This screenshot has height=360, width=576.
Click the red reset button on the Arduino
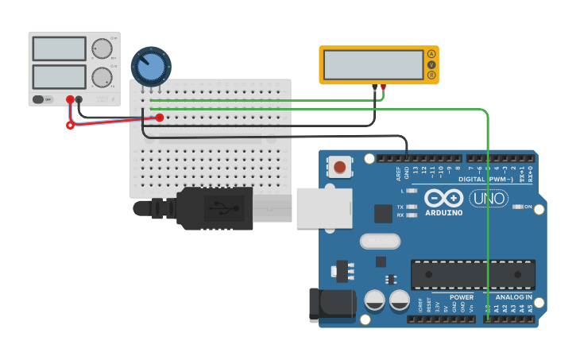[x=340, y=167]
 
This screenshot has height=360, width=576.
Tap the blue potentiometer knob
[x=151, y=67]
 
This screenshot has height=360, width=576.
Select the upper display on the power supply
[x=59, y=48]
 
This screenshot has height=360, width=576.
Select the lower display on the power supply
[x=59, y=77]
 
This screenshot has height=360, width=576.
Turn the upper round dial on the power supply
[x=101, y=49]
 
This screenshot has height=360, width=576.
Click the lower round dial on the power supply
[x=101, y=77]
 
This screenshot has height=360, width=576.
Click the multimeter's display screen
[x=373, y=64]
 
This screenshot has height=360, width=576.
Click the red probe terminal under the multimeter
[x=384, y=87]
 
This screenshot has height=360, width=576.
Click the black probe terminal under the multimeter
[x=374, y=87]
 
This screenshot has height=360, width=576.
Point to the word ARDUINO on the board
[x=443, y=212]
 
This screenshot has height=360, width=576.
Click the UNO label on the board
[x=488, y=199]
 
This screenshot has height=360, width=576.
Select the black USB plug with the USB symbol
[x=215, y=208]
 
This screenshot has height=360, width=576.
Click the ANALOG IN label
[x=514, y=296]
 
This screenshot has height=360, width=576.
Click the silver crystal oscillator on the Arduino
[x=377, y=241]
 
